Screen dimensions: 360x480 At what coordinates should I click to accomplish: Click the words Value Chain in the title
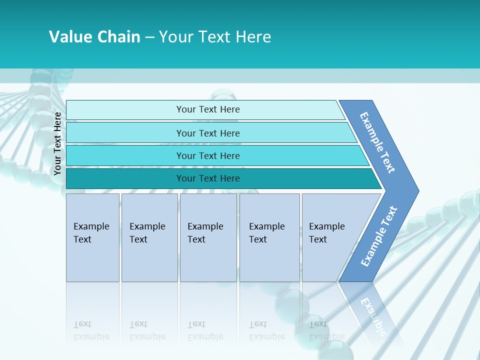(94, 36)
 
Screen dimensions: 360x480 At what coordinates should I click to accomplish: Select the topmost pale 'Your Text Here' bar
(208, 109)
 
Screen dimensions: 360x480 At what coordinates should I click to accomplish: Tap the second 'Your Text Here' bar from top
(208, 133)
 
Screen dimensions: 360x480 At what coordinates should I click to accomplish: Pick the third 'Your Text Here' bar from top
(208, 155)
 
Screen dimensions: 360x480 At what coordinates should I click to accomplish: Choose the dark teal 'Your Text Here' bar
(208, 178)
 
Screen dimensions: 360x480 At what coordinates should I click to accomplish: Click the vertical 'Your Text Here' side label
(57, 143)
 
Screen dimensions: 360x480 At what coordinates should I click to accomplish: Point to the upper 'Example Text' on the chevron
(377, 142)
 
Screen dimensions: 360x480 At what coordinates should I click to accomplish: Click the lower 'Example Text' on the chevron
(378, 236)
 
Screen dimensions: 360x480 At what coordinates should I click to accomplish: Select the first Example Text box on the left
(92, 237)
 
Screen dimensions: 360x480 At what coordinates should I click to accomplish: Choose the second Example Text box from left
(149, 237)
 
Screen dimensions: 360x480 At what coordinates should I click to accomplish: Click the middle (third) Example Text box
(208, 237)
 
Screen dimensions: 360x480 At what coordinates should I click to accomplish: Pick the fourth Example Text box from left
(269, 237)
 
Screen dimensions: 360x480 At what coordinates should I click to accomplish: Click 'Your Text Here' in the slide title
(215, 36)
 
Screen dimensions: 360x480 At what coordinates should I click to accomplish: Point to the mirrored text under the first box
(91, 330)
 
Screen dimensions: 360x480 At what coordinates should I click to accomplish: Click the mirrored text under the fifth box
(326, 330)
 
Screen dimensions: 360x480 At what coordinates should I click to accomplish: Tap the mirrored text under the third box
(205, 330)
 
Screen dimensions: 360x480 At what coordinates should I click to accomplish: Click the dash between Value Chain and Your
(149, 37)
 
